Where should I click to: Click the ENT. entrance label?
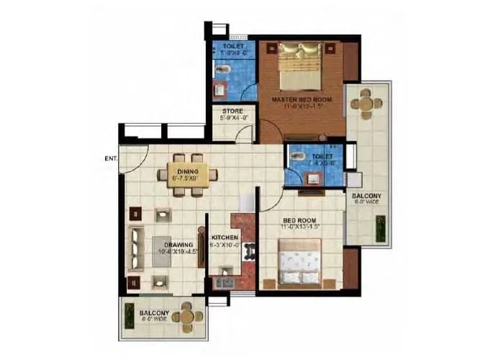click(110, 158)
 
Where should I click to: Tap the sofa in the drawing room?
click(136, 247)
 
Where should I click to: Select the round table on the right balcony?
click(366, 103)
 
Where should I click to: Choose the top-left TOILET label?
click(233, 46)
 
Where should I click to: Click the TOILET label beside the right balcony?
click(323, 156)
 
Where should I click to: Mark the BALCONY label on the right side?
click(367, 196)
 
